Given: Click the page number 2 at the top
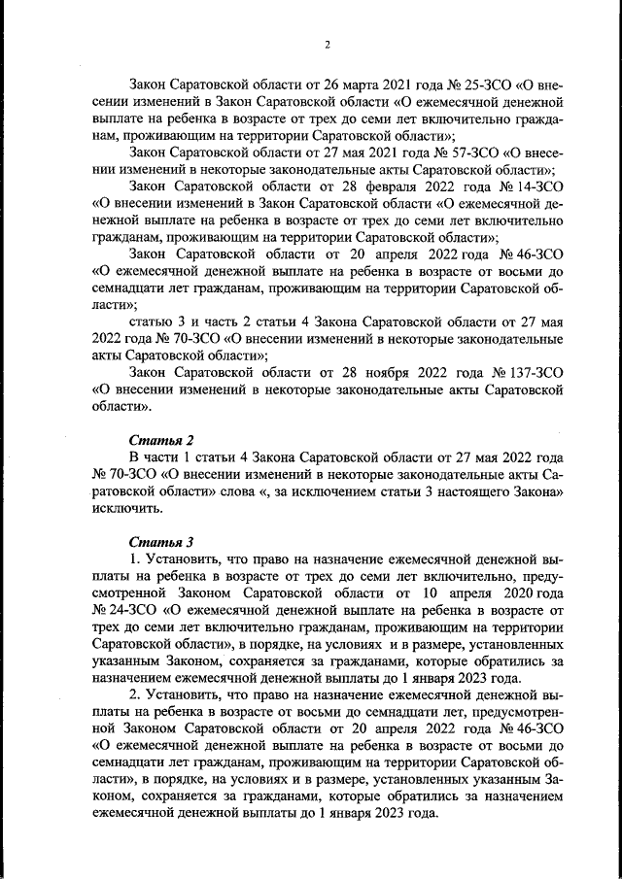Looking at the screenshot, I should [x=328, y=45].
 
